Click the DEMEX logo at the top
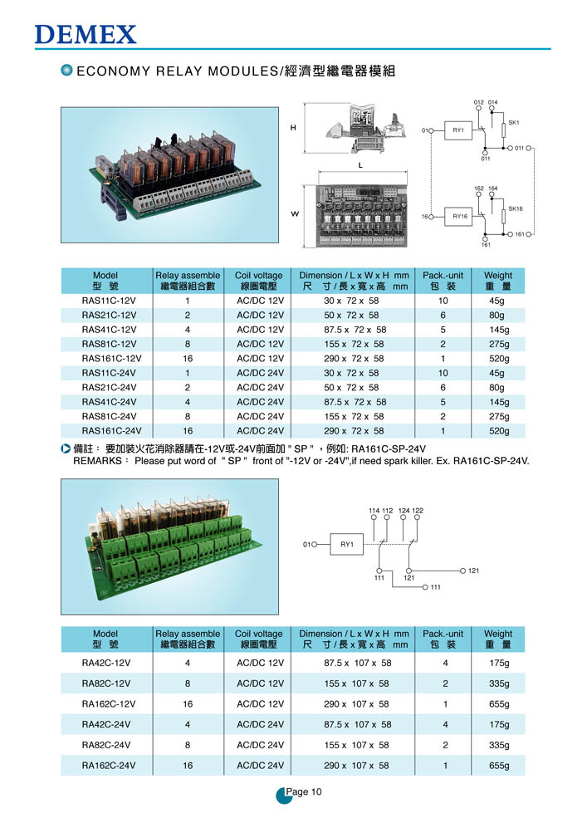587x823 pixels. pos(86,35)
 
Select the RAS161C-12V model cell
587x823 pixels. pos(112,359)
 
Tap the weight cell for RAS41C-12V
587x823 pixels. pos(499,330)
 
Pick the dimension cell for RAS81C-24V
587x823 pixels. pos(354,416)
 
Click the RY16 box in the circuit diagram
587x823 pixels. pos(459,216)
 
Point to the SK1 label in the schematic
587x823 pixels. pos(514,122)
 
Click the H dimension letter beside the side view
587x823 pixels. pos(293,128)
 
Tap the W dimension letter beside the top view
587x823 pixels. pos(295,213)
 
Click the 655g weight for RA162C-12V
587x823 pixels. pos(499,704)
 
